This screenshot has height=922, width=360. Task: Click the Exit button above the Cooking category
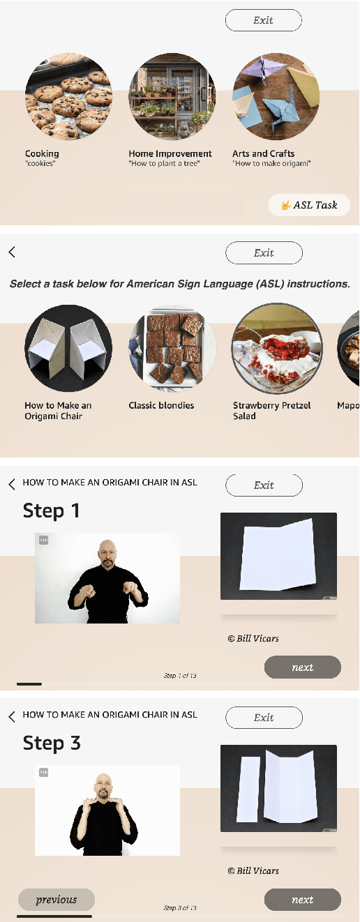(263, 20)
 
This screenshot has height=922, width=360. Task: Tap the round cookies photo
(68, 97)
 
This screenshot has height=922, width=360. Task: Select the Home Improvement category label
(170, 153)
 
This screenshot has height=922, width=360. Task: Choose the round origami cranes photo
(276, 97)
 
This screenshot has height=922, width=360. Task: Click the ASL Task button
(309, 205)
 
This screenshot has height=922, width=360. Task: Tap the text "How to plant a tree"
(164, 164)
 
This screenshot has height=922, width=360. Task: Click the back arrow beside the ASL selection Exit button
(12, 252)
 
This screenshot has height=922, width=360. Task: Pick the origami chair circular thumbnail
(68, 349)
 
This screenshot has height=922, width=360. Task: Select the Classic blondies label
(161, 405)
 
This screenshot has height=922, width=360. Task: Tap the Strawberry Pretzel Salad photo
(276, 349)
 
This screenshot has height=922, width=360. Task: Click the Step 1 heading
(51, 511)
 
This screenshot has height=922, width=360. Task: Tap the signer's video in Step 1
(107, 578)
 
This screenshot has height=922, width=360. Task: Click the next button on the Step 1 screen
(302, 667)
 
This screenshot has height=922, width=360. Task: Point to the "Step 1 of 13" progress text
(180, 676)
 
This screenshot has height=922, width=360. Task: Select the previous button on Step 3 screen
(57, 900)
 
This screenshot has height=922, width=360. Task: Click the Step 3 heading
(52, 743)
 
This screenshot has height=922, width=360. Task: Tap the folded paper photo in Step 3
(278, 788)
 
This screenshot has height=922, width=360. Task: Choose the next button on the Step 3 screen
(302, 900)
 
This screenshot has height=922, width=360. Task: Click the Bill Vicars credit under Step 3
(253, 870)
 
